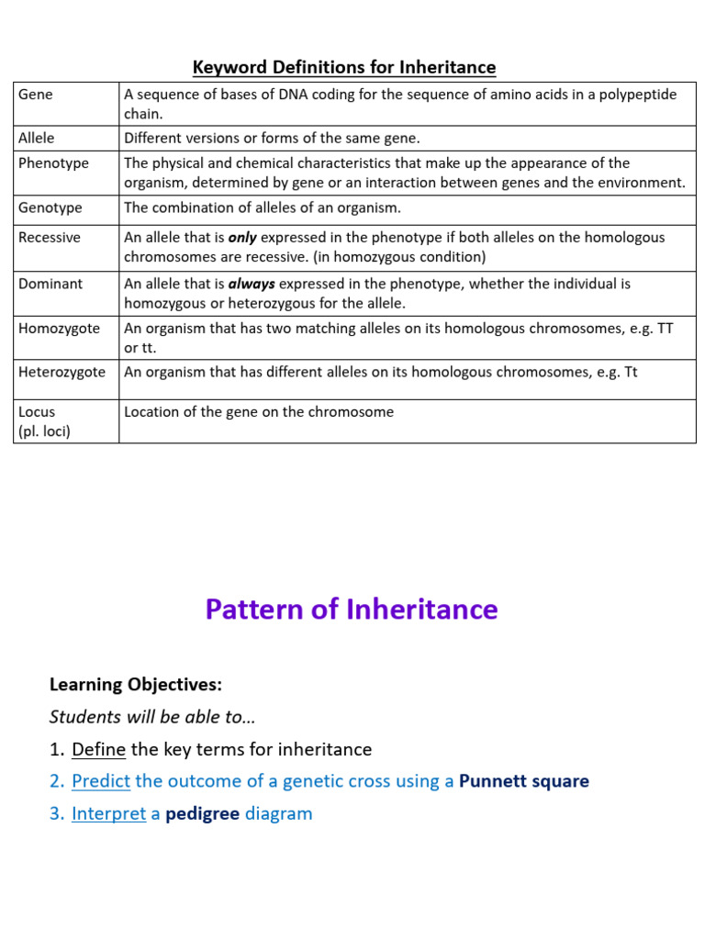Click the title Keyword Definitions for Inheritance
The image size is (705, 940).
point(344,67)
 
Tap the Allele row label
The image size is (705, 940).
point(37,138)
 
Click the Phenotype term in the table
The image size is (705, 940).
point(53,162)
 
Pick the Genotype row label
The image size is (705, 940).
point(50,207)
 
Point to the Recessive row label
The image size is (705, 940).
point(50,237)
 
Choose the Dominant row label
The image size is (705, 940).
point(50,284)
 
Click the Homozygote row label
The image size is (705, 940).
point(60,328)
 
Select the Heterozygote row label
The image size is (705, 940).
point(62,372)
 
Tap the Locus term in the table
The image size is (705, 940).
point(37,412)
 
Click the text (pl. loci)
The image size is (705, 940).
point(44,431)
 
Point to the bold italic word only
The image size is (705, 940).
point(242,237)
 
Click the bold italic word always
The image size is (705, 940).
point(252,284)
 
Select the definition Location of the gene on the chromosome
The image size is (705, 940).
point(259,412)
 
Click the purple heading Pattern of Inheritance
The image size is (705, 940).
point(352,610)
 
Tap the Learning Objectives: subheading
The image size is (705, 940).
point(135,685)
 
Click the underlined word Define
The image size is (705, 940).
point(98,749)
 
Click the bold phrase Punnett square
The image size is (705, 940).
point(523,781)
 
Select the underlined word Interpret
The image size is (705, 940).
point(108,813)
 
